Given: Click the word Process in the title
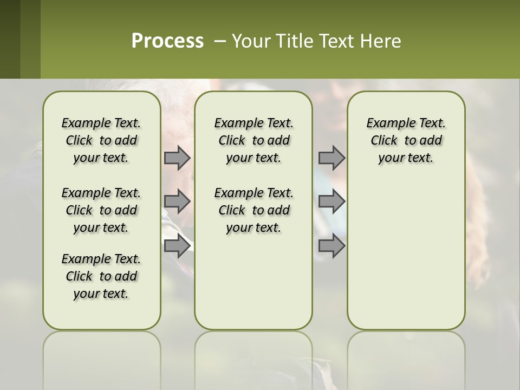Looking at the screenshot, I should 167,41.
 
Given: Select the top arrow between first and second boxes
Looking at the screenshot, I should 177,158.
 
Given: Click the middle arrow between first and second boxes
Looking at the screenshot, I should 177,201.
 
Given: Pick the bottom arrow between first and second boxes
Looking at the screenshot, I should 177,246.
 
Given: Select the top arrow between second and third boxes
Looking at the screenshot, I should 331,158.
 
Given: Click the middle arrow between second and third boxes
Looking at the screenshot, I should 331,201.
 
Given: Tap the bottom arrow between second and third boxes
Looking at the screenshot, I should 331,246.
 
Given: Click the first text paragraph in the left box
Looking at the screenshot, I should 101,140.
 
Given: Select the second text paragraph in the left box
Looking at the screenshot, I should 101,210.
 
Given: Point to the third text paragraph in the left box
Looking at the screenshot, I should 101,276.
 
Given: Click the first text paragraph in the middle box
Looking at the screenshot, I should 253,140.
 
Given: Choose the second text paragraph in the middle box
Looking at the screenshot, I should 253,210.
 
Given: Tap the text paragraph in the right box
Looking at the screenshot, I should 406,140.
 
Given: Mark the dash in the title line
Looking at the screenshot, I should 220,41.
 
